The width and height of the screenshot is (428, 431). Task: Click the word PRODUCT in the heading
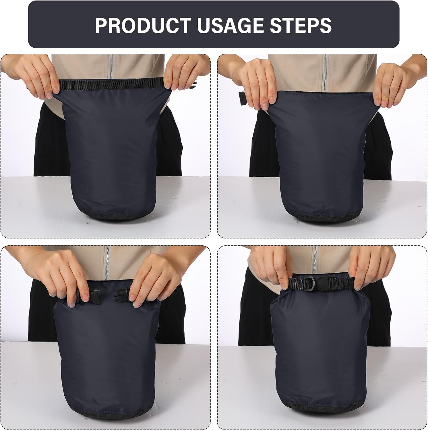(x=143, y=25)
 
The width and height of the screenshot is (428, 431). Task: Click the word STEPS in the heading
(x=303, y=25)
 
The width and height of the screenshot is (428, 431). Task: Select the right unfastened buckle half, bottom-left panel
(x=122, y=294)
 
